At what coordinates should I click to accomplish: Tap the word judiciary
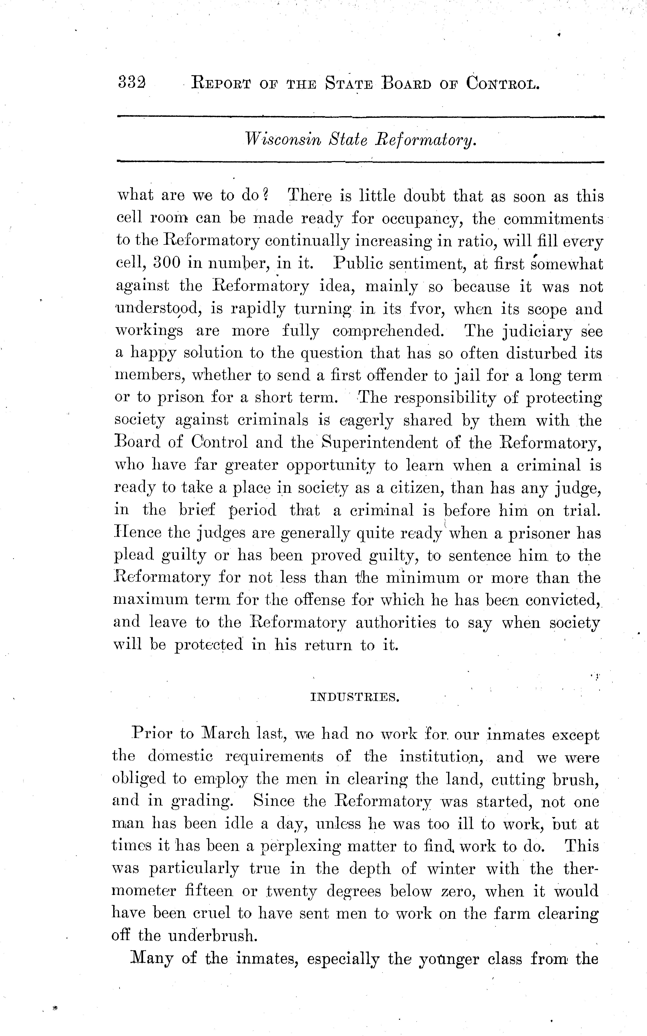(537, 332)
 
